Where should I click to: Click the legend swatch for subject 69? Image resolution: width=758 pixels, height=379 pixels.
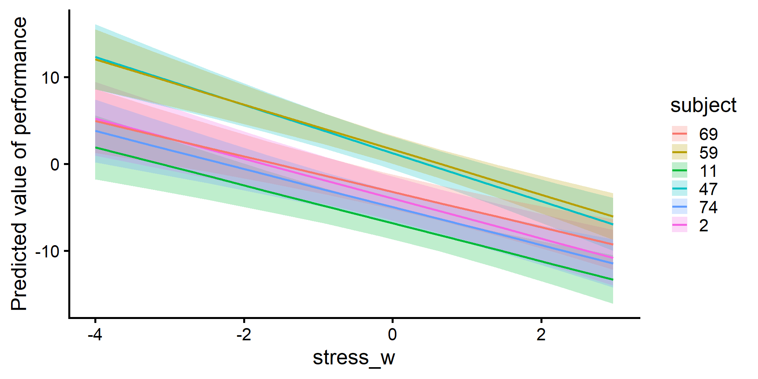click(679, 134)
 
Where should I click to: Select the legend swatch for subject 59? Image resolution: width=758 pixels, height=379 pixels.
click(679, 152)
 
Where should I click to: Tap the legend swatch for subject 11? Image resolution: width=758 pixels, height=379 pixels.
click(679, 171)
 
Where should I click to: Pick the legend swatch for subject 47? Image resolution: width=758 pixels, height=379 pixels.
click(679, 189)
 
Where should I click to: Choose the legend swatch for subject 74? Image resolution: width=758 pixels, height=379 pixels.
click(679, 207)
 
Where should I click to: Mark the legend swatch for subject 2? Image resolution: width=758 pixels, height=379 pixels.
click(679, 225)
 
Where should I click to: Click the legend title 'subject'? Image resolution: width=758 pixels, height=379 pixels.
click(703, 105)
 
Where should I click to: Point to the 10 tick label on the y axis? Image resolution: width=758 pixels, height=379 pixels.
click(50, 78)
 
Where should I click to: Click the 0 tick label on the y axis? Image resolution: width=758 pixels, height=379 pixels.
click(55, 164)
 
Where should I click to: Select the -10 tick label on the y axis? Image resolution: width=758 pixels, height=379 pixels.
click(47, 251)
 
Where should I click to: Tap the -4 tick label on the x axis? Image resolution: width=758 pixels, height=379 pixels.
click(95, 335)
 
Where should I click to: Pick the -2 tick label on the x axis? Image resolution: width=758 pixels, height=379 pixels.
click(244, 335)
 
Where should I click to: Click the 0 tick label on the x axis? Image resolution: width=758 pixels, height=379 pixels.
click(392, 335)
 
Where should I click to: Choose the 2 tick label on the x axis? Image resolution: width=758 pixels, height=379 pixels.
click(541, 335)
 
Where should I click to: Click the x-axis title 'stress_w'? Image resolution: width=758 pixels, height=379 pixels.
click(354, 358)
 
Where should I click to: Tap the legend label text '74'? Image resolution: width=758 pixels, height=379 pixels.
click(708, 207)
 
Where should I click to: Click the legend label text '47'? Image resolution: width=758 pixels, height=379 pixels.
click(708, 189)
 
